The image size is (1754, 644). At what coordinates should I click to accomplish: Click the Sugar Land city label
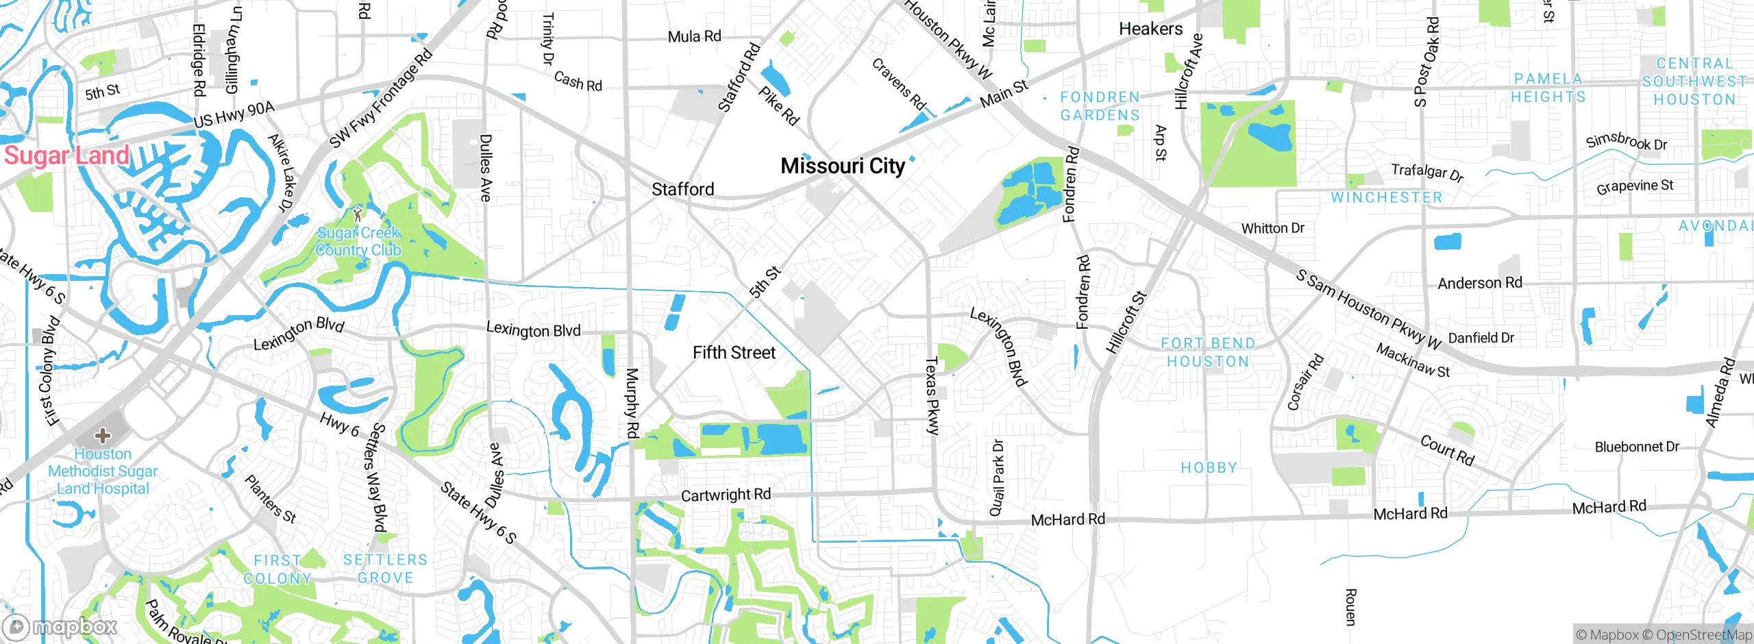pos(66,156)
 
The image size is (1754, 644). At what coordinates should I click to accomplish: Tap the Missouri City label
pos(843,166)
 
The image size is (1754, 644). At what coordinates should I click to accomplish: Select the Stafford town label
pos(682,189)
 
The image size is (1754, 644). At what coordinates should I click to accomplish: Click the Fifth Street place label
pos(734,353)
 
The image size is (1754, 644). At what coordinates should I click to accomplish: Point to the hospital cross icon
pos(103,435)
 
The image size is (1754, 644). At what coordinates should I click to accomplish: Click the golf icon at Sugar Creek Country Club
pos(357,214)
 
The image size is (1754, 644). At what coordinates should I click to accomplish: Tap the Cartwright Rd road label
pos(726,495)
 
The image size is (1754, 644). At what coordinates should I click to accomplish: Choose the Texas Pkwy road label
pos(932,395)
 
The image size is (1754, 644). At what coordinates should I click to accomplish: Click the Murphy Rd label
pos(632,403)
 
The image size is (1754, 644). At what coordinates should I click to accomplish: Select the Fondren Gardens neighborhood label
pos(1100,106)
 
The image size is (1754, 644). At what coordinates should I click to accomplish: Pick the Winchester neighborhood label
pos(1387,197)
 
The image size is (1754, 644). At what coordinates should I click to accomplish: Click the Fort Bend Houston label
pos(1208,352)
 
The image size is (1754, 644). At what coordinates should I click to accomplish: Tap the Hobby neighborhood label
pos(1209,467)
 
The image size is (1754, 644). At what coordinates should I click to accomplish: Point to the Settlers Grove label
pos(385,569)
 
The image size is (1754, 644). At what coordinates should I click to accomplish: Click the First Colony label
pos(277,569)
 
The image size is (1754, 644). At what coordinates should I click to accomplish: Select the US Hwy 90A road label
pos(234,114)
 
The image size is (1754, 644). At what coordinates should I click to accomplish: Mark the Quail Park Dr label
pos(997,478)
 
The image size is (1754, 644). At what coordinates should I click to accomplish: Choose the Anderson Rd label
pos(1480,283)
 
